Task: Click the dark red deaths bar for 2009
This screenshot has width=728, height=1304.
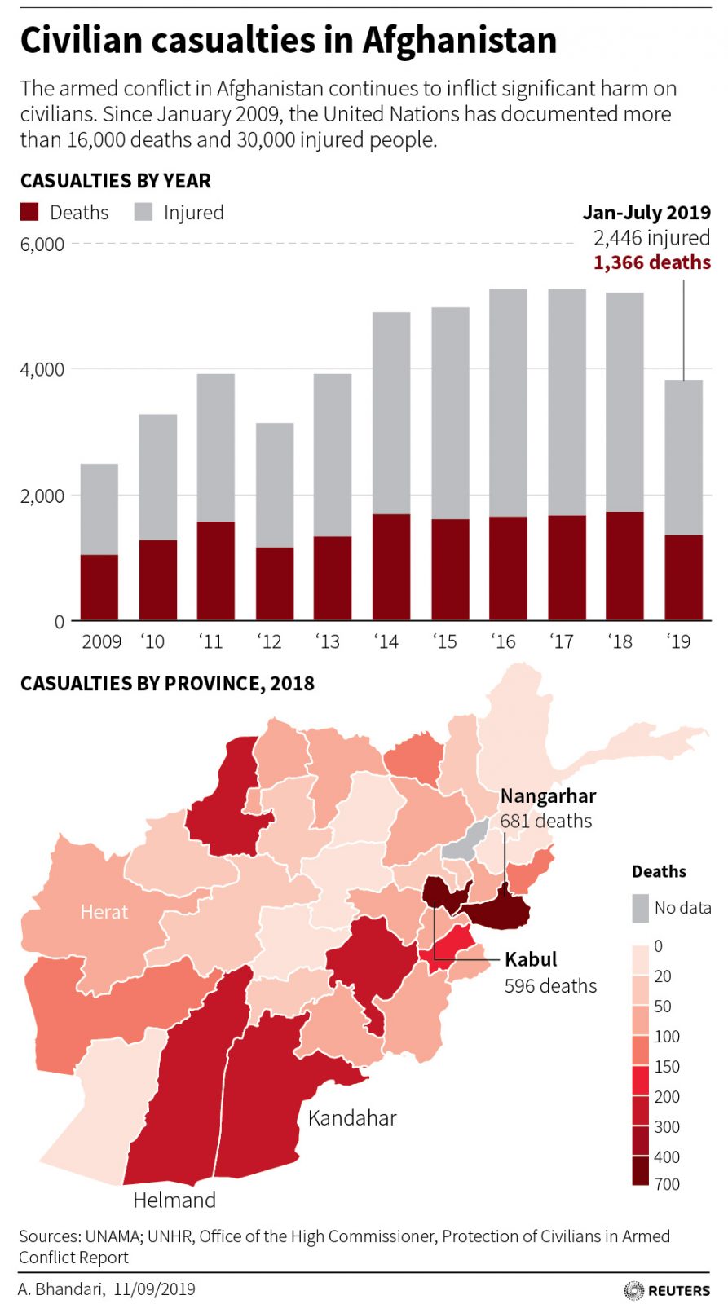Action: [99, 588]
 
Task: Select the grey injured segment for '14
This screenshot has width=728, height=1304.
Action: [391, 412]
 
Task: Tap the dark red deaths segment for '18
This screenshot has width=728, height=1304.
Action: [624, 566]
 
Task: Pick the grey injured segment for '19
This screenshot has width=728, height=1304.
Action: [683, 456]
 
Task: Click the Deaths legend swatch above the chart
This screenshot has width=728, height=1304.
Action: [29, 212]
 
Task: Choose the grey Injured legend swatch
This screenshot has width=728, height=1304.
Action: [143, 212]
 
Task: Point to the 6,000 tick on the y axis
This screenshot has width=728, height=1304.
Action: [42, 244]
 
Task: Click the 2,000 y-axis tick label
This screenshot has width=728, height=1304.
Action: [42, 496]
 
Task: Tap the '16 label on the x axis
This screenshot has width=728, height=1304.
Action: [504, 641]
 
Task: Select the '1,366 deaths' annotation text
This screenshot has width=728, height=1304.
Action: [651, 262]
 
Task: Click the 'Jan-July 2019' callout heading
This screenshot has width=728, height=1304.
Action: [646, 213]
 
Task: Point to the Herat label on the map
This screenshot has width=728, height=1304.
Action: [104, 912]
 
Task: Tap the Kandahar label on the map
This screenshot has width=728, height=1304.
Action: [352, 1117]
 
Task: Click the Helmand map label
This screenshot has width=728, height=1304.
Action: [174, 1200]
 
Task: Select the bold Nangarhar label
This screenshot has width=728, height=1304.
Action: [548, 795]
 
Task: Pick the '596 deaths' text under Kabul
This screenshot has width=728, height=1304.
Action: [550, 985]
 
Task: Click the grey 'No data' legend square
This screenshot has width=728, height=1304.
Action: [640, 908]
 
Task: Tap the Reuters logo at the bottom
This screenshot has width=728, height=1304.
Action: [667, 1290]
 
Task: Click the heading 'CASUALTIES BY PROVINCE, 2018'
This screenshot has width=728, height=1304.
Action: [167, 683]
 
